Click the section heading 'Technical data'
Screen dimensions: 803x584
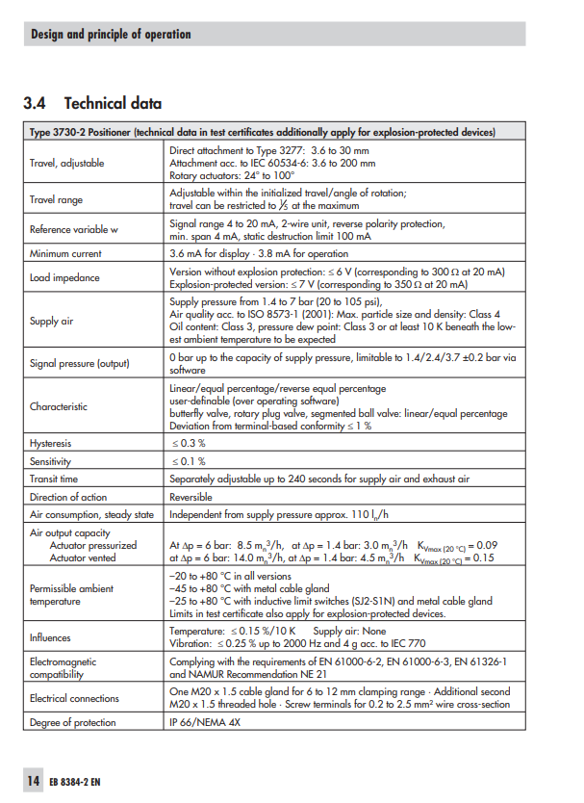pyautogui.click(x=113, y=103)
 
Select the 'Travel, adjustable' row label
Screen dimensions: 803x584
pyautogui.click(x=67, y=163)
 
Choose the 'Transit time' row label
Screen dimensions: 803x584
pyautogui.click(x=55, y=479)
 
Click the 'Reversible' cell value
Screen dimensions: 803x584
pyautogui.click(x=190, y=497)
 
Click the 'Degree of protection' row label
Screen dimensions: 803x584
pyautogui.click(x=73, y=722)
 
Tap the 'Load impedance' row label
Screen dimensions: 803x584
pyautogui.click(x=64, y=278)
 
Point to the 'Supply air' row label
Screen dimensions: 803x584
pyautogui.click(x=52, y=321)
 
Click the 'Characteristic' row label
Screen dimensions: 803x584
pyautogui.click(x=59, y=406)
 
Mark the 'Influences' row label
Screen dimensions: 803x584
pyautogui.click(x=51, y=637)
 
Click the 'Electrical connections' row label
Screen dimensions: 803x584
pyautogui.click(x=75, y=698)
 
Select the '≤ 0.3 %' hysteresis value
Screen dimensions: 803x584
pyautogui.click(x=189, y=443)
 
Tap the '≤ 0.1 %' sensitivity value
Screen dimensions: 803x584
pyautogui.click(x=189, y=461)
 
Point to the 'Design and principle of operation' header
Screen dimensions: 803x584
pyautogui.click(x=111, y=35)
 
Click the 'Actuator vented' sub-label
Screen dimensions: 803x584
pyautogui.click(x=83, y=557)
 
